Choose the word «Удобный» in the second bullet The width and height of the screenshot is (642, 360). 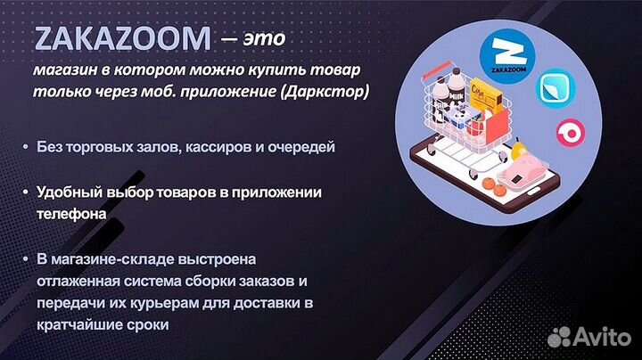[68, 192]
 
